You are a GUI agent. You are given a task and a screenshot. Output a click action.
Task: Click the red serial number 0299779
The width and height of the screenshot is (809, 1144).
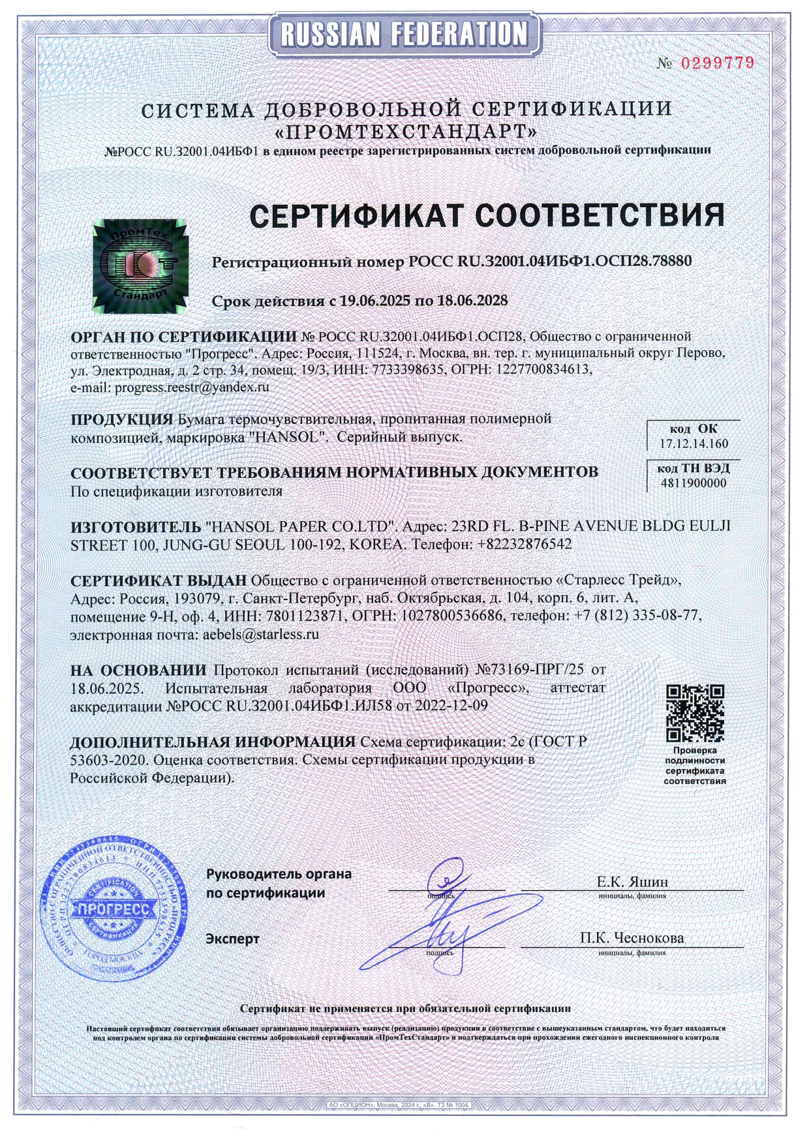tap(717, 63)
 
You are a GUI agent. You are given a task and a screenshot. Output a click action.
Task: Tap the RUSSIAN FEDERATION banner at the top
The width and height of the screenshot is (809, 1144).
tap(404, 33)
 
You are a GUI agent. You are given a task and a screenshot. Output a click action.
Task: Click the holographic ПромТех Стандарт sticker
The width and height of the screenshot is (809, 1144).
tap(140, 265)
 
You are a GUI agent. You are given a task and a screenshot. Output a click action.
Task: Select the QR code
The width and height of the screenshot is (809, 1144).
tap(695, 714)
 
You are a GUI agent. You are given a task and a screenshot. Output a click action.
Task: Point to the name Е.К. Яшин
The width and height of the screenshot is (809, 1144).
tap(632, 882)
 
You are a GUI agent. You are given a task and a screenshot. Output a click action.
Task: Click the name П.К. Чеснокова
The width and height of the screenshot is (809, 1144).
tap(632, 938)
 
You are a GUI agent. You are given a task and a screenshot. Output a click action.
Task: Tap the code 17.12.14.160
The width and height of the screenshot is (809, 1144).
tap(694, 444)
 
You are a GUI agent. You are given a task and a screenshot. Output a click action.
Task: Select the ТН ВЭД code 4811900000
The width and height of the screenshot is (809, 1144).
tap(693, 483)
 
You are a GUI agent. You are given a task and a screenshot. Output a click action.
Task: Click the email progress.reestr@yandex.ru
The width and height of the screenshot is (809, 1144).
tap(192, 387)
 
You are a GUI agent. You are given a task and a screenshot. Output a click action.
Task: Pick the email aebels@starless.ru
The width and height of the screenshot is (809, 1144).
tap(261, 634)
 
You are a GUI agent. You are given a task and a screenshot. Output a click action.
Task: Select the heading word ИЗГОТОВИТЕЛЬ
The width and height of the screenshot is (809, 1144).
tap(136, 526)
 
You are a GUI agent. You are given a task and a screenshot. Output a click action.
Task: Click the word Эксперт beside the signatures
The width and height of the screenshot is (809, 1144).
tap(232, 939)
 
